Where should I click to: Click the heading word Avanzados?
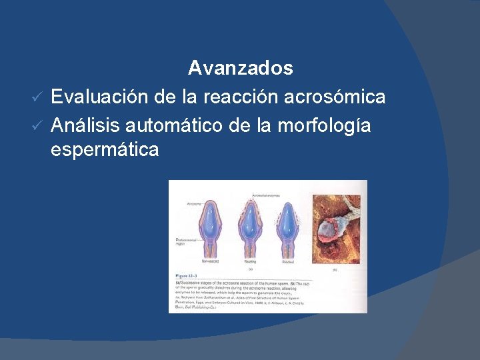pyautogui.click(x=240, y=68)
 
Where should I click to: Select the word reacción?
pyautogui.click(x=231, y=97)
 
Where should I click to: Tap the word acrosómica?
pyautogui.click(x=335, y=97)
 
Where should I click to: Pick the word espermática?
pyautogui.click(x=105, y=150)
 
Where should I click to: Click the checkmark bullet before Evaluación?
pyautogui.click(x=39, y=97)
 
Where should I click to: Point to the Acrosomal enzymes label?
pyautogui.click(x=267, y=195)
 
